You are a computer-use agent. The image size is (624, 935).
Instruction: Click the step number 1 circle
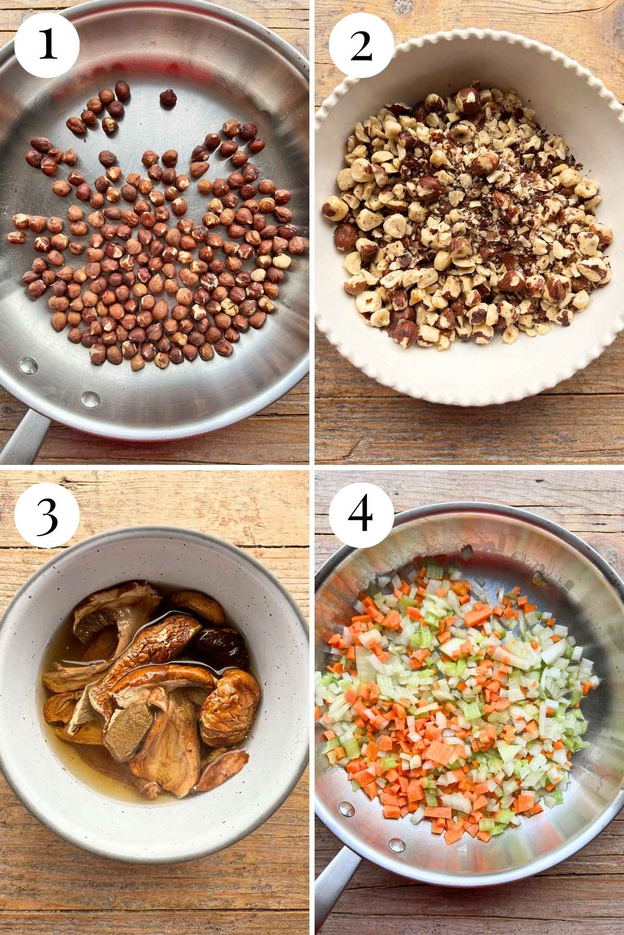47,45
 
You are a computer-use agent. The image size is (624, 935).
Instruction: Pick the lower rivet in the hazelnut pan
89,399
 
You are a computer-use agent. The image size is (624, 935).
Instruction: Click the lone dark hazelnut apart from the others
166,98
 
